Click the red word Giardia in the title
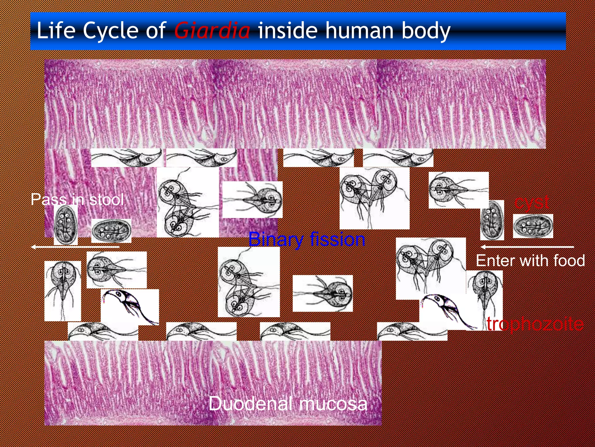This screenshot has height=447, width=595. point(212,31)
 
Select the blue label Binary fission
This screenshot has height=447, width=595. point(307,240)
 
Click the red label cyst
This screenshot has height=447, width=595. point(531,202)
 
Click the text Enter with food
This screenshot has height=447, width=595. point(530,260)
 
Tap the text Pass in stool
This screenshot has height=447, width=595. point(77,199)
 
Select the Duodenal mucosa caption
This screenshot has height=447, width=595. point(288,404)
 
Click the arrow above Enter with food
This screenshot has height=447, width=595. point(527,247)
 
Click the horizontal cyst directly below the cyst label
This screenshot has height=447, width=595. point(533,226)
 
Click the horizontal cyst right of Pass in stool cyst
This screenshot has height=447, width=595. point(111,231)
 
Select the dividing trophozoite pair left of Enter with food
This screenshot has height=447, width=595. point(431,268)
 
